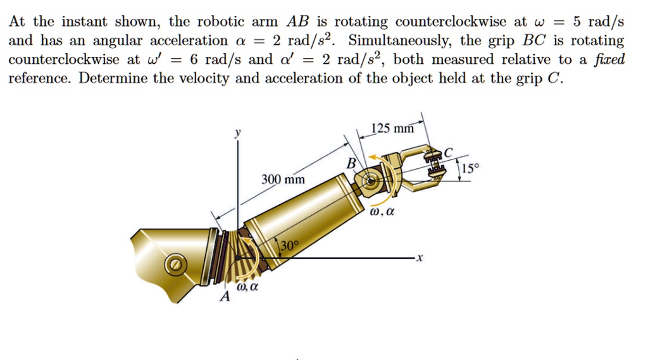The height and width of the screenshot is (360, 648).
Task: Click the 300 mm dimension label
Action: (283, 180)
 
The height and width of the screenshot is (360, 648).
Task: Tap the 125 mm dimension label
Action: (392, 129)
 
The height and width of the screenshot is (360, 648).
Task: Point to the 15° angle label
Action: (471, 169)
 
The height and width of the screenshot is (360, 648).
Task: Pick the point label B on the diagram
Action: (351, 164)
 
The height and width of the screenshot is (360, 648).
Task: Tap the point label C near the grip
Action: (449, 152)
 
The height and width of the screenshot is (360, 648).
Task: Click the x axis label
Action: (419, 258)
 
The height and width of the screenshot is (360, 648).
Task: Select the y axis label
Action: (239, 134)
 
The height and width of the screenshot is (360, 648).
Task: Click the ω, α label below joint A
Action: (247, 288)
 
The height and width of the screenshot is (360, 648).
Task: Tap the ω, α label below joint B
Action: (383, 213)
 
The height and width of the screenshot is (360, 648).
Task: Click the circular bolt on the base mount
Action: (175, 264)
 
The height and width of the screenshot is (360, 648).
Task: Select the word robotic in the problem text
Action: (219, 22)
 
